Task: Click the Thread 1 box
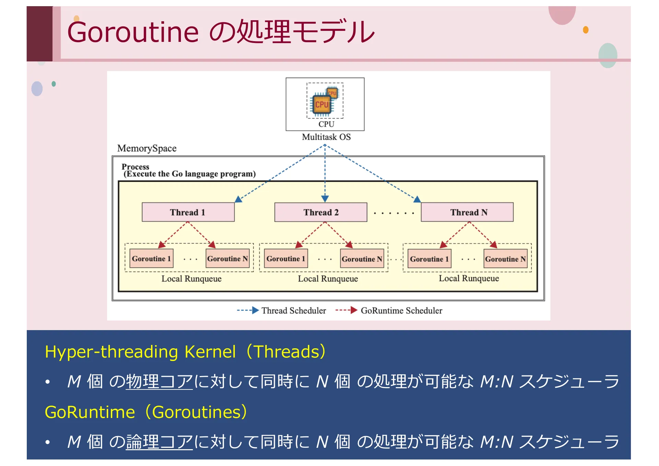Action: tap(188, 212)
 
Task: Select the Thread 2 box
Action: tap(321, 212)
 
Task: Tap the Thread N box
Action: tap(467, 212)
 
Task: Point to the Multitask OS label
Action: tap(326, 137)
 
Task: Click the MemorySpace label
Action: tap(147, 148)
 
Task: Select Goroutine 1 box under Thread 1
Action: tap(151, 258)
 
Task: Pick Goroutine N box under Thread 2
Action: tap(362, 259)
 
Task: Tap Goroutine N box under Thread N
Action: tap(505, 259)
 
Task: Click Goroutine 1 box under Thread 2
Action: tap(286, 258)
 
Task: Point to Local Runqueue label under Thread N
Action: tap(469, 278)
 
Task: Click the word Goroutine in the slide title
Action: tap(133, 32)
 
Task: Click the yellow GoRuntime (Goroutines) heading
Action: tap(146, 412)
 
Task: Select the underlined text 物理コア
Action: tap(159, 382)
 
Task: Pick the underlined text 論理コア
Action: tap(159, 442)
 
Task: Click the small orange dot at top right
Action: tap(586, 30)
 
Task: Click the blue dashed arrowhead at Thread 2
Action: tap(325, 199)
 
